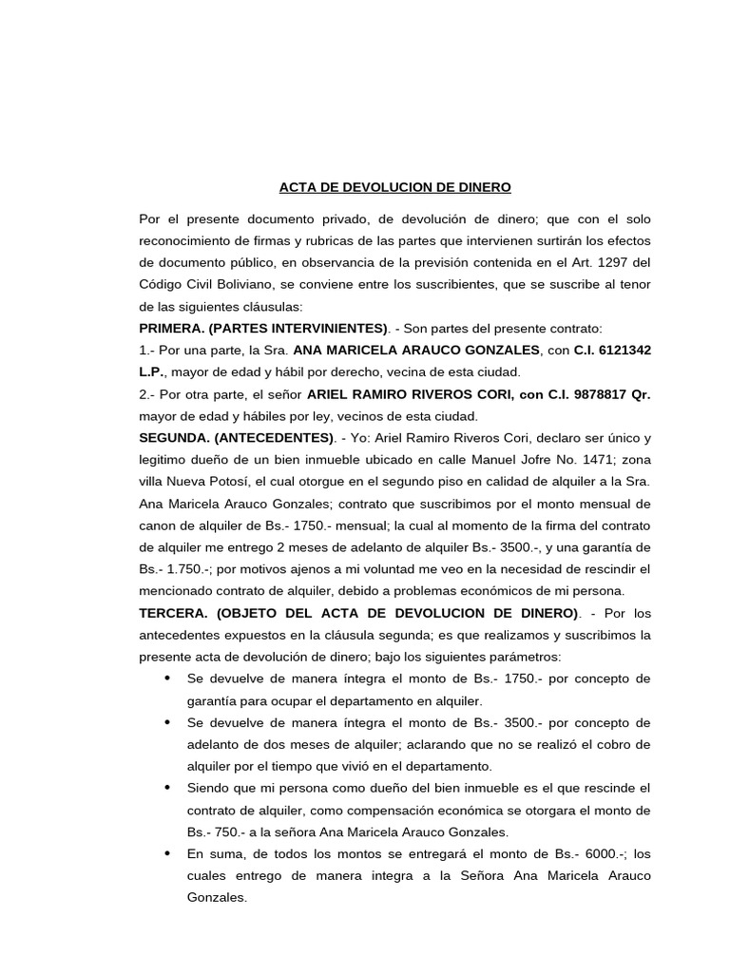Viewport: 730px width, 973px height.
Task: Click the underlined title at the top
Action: tap(394, 187)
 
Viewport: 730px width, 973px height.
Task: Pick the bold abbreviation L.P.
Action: tap(155, 372)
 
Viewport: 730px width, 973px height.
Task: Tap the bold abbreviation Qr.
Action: tap(641, 394)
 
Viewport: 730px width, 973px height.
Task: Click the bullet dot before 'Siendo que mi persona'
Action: tap(167, 788)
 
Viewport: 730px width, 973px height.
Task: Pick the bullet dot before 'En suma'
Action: tap(167, 853)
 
